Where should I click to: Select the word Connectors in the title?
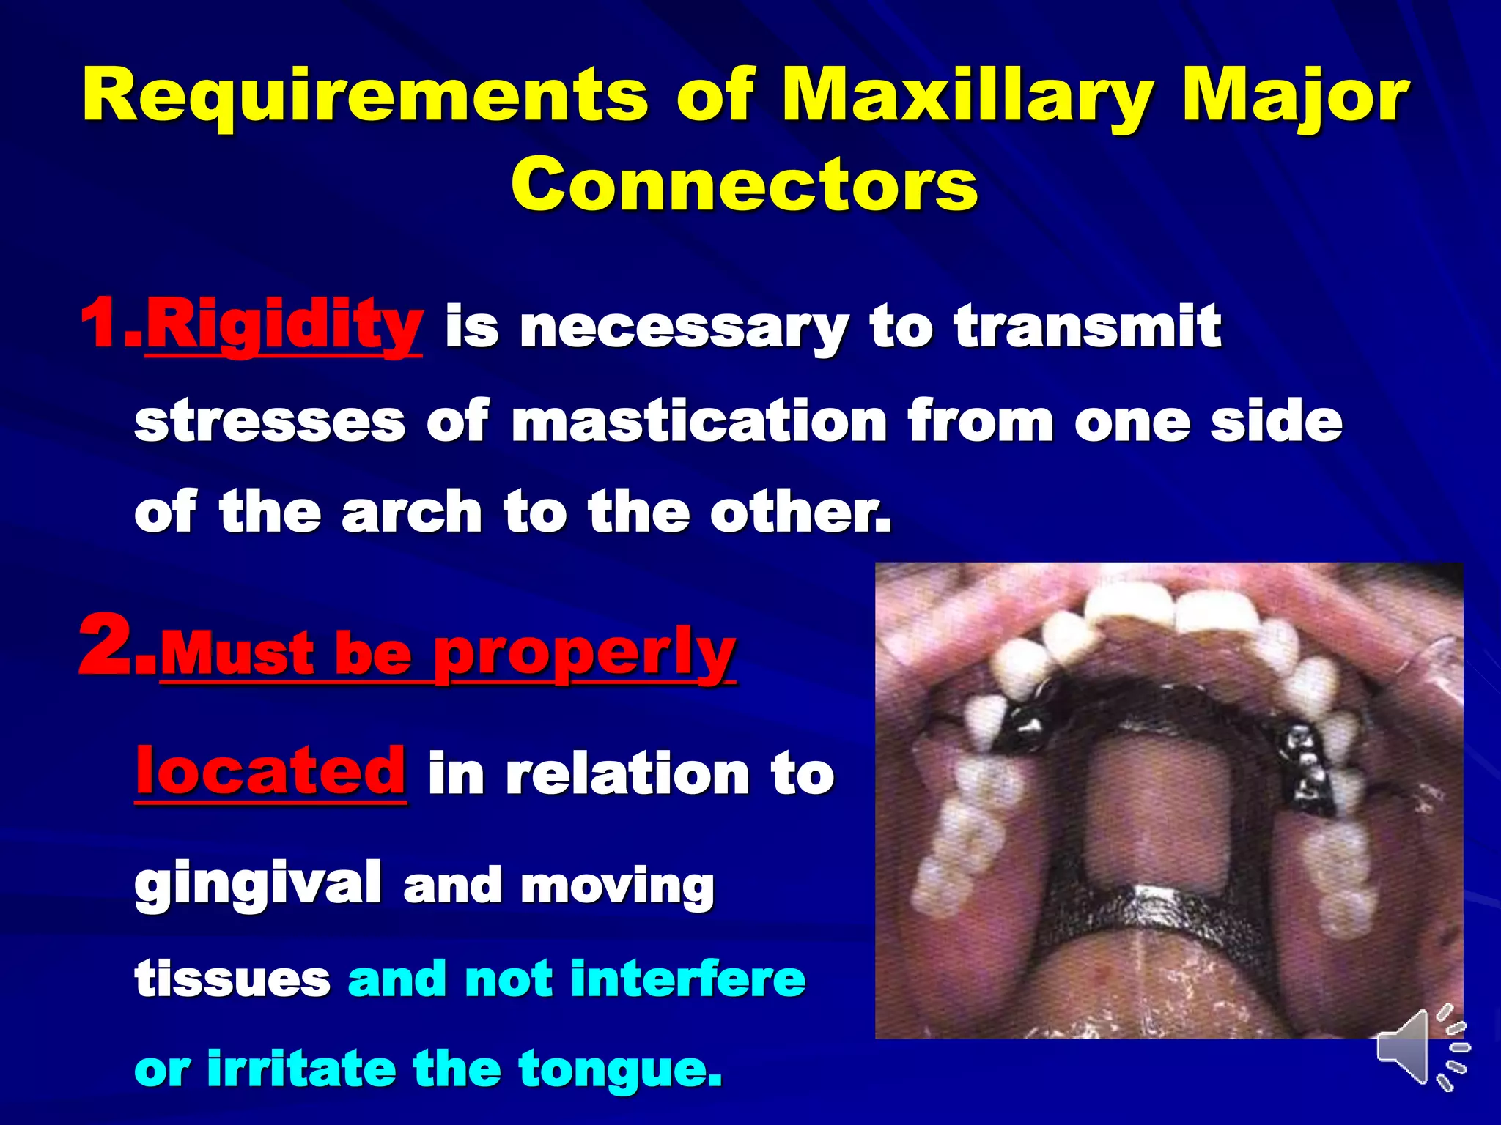pos(745,185)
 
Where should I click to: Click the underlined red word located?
pos(270,771)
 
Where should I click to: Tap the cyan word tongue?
pos(619,1070)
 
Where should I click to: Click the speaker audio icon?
pos(1418,1047)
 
